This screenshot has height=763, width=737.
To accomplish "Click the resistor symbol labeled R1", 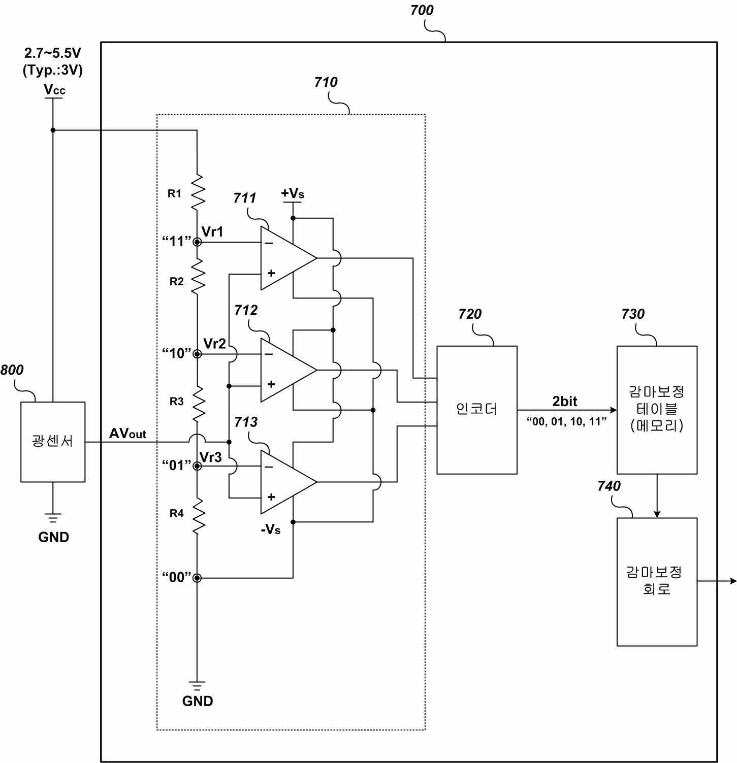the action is tap(197, 192).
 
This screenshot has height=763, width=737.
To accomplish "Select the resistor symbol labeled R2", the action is tap(197, 277).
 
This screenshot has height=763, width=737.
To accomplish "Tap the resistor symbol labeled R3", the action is tap(197, 404).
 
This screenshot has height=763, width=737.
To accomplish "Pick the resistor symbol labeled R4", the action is tap(197, 516).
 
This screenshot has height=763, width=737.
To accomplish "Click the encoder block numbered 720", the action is tap(477, 410).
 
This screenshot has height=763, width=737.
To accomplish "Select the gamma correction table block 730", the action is tap(657, 410).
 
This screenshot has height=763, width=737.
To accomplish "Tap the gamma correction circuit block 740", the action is tap(657, 582).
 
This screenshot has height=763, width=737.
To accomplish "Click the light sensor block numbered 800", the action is tap(53, 442).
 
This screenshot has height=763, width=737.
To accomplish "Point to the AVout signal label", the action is tap(127, 434).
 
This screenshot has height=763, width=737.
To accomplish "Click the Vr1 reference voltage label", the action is tap(212, 232).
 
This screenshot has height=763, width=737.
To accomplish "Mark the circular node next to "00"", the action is tap(197, 578).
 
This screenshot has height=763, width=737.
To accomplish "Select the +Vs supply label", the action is tap(293, 193).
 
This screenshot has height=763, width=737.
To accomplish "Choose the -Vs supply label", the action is tap(271, 529).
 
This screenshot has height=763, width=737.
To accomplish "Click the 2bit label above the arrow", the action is tap(565, 402).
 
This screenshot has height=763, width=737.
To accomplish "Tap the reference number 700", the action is tap(422, 10).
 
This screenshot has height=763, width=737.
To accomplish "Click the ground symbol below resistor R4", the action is tap(197, 686).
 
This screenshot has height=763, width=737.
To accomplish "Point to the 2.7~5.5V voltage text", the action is tap(53, 53).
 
